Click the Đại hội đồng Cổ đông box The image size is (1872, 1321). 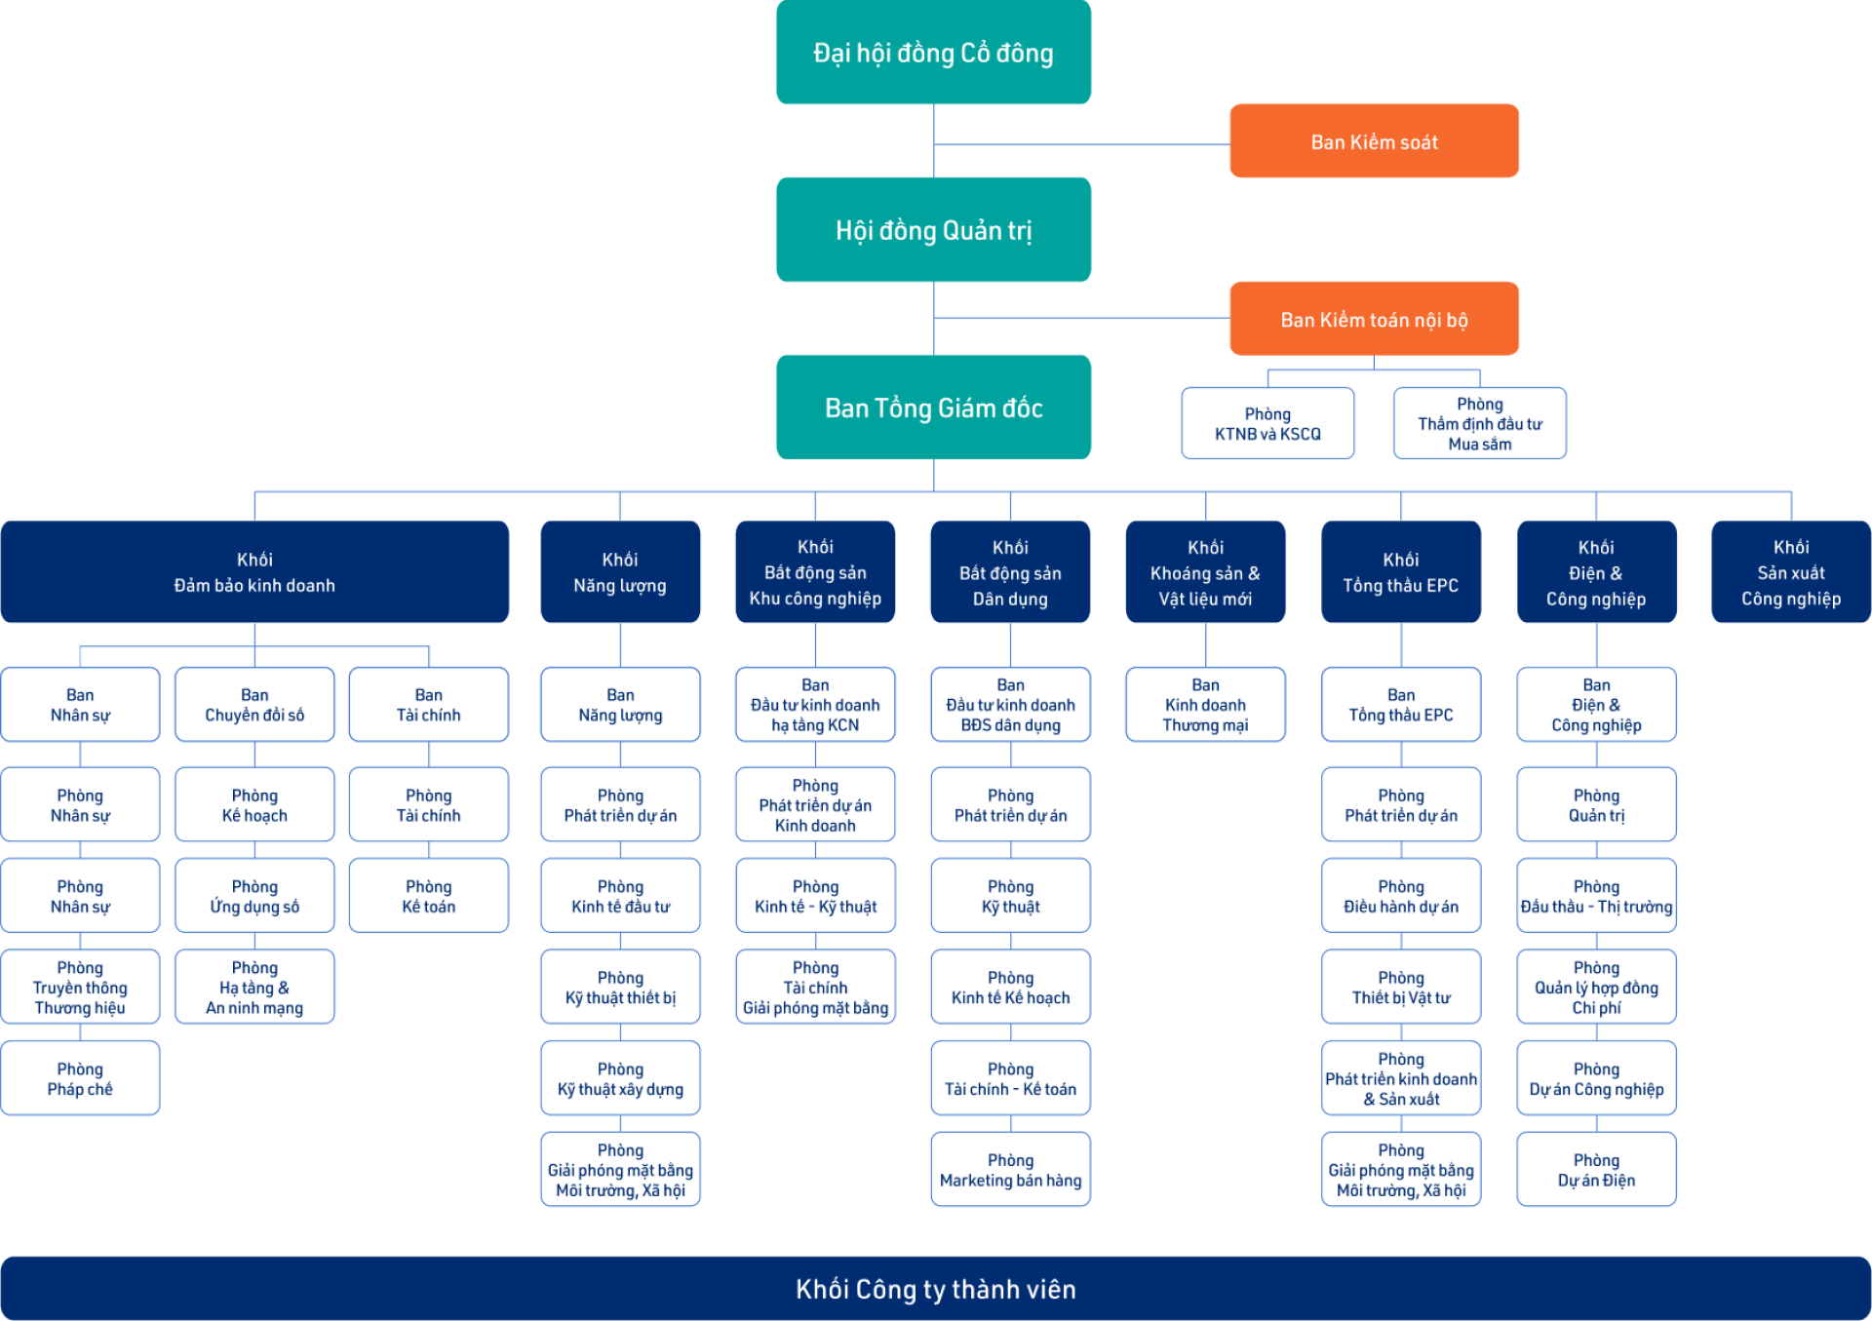pos(933,53)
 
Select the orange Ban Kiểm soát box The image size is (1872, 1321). pos(1374,141)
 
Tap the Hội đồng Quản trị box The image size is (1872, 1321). pos(933,230)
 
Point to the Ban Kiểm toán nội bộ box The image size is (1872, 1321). pos(1374,319)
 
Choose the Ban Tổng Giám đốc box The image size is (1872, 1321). pos(933,408)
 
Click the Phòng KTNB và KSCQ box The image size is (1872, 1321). pos(1267,424)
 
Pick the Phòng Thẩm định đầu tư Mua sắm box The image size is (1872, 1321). pos(1479,424)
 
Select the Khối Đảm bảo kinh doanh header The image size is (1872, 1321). pos(254,572)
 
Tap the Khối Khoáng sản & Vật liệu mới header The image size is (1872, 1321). pos(1205,572)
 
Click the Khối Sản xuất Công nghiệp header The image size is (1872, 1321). pos(1791,572)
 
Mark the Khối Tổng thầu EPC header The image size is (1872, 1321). pos(1401,572)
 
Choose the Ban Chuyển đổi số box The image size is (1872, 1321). pos(254,705)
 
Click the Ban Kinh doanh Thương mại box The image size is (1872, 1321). pos(1205,705)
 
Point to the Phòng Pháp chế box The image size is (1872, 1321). pos(80,1079)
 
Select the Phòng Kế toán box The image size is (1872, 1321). pos(428,896)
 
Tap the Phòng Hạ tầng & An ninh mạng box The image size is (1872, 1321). pos(254,988)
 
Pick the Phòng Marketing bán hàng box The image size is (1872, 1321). pos(1010,1170)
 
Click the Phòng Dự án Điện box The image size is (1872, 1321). pos(1596,1170)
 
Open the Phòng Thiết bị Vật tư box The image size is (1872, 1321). pos(1401,988)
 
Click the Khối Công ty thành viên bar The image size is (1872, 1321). pos(936,1289)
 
